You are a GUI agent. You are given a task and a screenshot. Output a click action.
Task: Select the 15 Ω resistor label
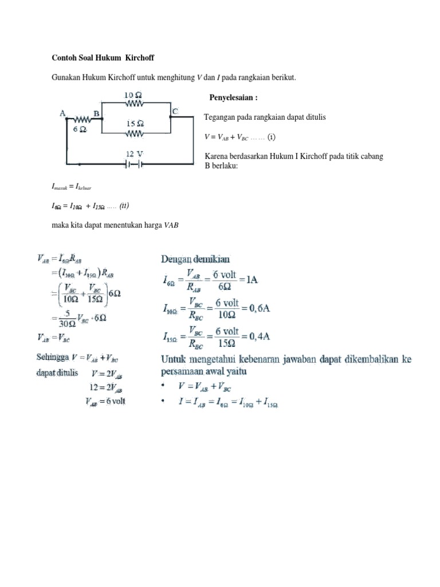(135, 123)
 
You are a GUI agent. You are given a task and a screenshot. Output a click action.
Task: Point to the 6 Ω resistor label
(80, 130)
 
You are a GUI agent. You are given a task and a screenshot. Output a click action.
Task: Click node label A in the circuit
(62, 114)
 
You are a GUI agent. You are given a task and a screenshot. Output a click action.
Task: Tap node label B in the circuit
(97, 114)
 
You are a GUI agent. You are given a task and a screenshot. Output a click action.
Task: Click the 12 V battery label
(135, 154)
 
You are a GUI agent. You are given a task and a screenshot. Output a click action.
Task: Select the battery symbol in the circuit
(135, 164)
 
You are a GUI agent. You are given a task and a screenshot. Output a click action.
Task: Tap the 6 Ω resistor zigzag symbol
(81, 120)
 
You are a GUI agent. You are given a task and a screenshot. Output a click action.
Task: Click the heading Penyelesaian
(234, 98)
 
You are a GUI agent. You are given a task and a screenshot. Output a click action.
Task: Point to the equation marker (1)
(272, 138)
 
